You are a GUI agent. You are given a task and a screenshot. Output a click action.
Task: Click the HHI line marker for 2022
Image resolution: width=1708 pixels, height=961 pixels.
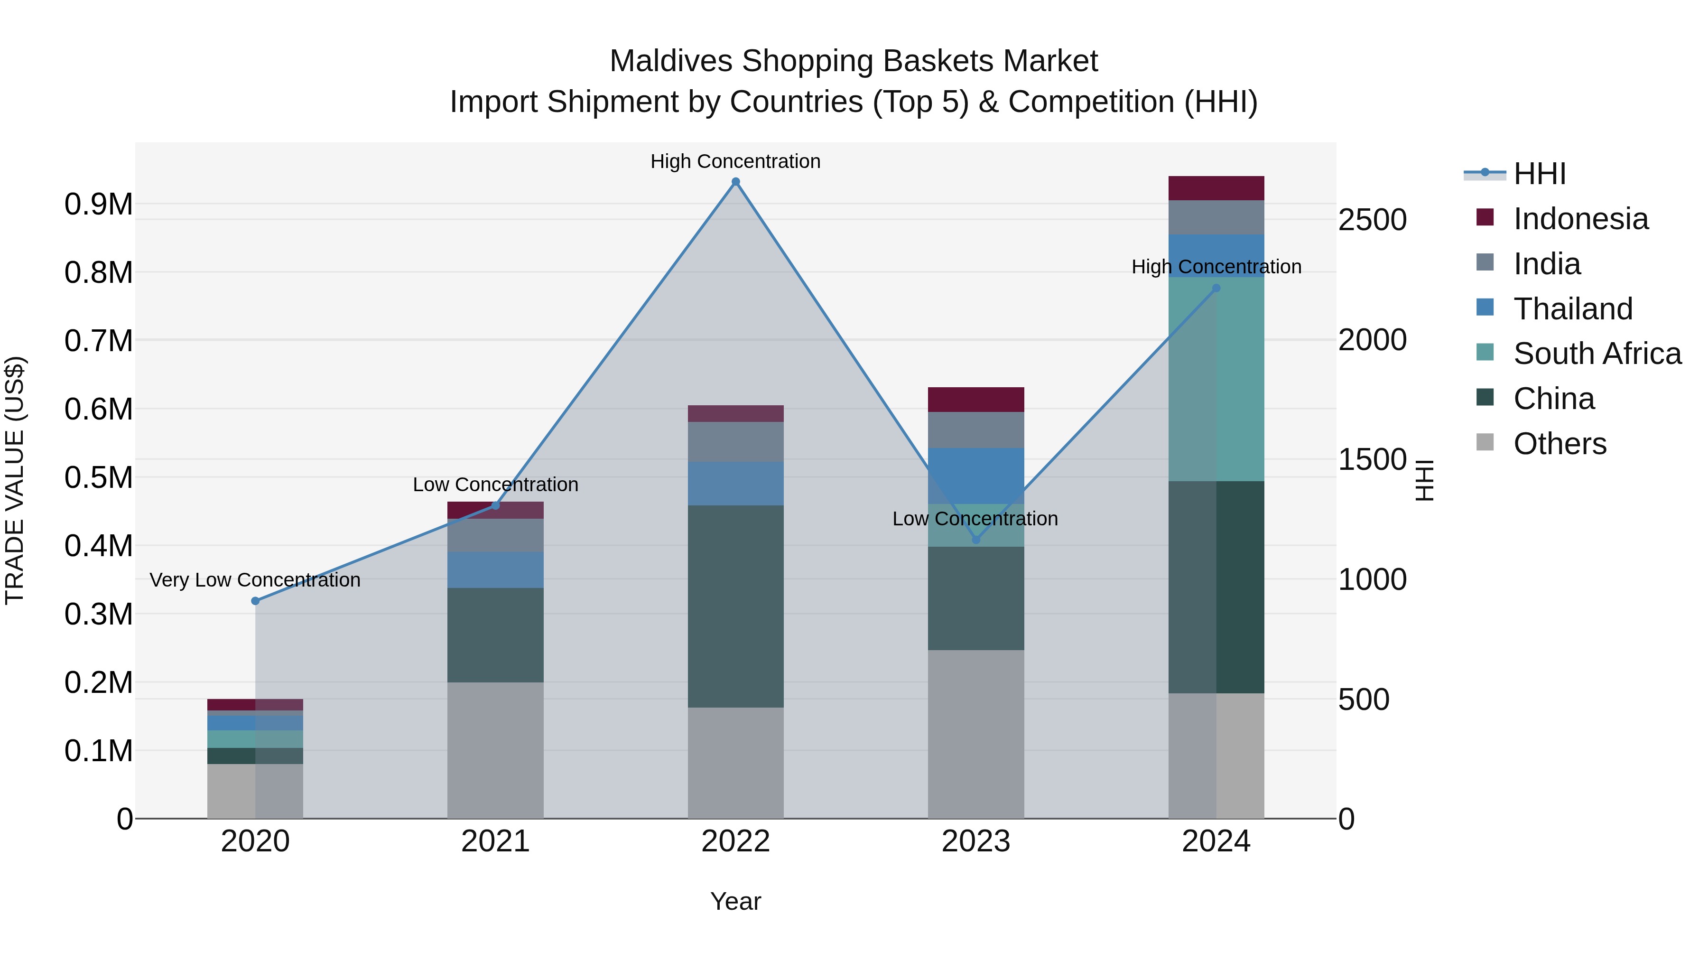tap(735, 182)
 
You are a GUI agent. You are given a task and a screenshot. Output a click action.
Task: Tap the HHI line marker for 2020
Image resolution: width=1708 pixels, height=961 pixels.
tap(255, 601)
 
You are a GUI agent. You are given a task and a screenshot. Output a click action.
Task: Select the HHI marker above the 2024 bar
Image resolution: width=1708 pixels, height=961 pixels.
tap(1216, 289)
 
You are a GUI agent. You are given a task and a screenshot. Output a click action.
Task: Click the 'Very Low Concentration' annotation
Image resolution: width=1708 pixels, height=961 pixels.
tap(255, 580)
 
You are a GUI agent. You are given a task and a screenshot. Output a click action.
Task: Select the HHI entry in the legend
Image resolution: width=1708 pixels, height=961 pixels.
tap(1539, 174)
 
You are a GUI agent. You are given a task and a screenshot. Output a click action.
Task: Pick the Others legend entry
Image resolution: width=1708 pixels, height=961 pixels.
tap(1559, 444)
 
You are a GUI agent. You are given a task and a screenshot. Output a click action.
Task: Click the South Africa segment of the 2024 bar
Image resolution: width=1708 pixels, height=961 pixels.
tap(1216, 379)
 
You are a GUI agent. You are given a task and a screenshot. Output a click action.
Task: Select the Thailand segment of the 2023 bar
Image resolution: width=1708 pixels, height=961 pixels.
tap(975, 476)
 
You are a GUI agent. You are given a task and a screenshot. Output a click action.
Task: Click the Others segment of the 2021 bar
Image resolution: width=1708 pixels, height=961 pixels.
tap(495, 750)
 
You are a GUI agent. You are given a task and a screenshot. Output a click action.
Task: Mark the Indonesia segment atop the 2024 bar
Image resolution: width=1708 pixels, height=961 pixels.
tap(1216, 188)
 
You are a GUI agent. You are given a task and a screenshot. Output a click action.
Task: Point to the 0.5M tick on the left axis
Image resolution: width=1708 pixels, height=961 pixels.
tap(98, 477)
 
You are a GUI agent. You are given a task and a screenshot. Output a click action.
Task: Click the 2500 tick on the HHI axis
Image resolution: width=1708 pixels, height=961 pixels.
tap(1372, 220)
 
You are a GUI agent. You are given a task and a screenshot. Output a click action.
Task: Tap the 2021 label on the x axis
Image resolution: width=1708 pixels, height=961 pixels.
tap(495, 841)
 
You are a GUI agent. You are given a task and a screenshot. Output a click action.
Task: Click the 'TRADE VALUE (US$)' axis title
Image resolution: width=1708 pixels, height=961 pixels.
tap(15, 480)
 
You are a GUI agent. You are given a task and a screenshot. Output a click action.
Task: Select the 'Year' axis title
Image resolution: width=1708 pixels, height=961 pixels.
tap(735, 901)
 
